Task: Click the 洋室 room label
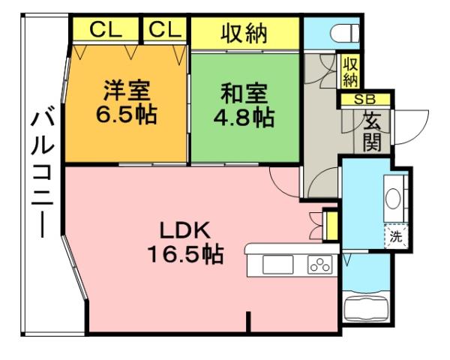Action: (127, 92)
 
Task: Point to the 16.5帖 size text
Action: (185, 254)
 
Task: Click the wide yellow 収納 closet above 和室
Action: (245, 32)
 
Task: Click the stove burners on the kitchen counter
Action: (319, 265)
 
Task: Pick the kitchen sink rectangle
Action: (277, 265)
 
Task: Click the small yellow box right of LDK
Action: (329, 226)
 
